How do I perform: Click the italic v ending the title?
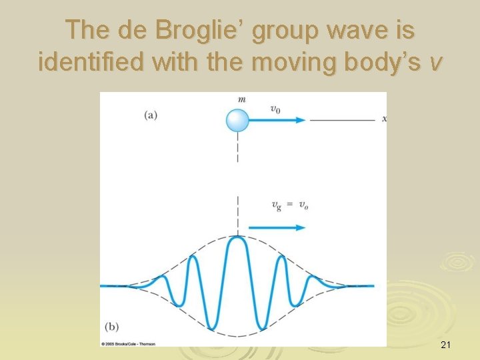coord(435,63)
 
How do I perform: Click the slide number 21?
coord(446,345)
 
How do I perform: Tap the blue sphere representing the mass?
coord(237,121)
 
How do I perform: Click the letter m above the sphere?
coord(241,100)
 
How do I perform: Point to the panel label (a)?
coord(151,115)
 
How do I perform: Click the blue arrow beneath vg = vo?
coord(277,227)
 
